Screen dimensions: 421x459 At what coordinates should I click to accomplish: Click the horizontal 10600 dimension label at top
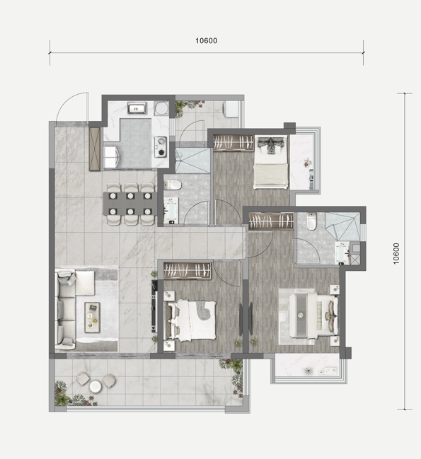(x=207, y=41)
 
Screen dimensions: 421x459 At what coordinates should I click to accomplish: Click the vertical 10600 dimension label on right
(x=396, y=254)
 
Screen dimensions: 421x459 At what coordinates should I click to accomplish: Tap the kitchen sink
(x=137, y=108)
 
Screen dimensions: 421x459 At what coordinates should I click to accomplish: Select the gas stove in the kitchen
(x=161, y=146)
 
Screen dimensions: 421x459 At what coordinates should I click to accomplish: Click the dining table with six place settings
(x=130, y=204)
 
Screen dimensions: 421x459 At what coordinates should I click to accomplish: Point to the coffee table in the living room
(x=92, y=318)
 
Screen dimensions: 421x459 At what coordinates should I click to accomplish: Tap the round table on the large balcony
(x=95, y=386)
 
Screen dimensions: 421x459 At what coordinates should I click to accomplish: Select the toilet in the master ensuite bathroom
(x=312, y=221)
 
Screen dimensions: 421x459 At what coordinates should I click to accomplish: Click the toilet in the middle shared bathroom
(x=173, y=185)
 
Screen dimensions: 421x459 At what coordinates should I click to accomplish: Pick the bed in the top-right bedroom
(x=270, y=162)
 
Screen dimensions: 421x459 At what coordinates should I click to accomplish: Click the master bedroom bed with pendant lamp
(x=313, y=315)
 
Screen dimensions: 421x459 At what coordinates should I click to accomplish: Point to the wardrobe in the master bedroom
(x=271, y=221)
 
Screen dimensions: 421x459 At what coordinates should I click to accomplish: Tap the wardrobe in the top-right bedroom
(x=233, y=143)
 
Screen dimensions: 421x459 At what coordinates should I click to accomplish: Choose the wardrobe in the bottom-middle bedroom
(x=188, y=270)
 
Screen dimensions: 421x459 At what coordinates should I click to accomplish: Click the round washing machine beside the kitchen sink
(x=161, y=109)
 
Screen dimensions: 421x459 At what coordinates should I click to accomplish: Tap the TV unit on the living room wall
(x=154, y=306)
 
